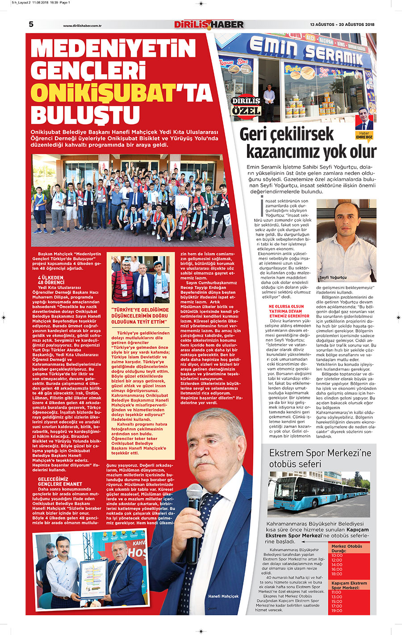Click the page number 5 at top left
(x=31, y=24)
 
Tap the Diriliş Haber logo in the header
(x=209, y=25)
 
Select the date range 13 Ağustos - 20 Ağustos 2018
(x=342, y=25)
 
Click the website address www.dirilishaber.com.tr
(x=83, y=26)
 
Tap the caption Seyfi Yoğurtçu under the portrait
(x=333, y=277)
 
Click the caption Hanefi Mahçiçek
(x=223, y=596)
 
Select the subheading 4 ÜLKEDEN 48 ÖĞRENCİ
(x=51, y=280)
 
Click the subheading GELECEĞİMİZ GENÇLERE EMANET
(x=60, y=482)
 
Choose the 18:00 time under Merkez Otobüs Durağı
(x=337, y=574)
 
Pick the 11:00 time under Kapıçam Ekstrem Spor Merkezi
(x=336, y=592)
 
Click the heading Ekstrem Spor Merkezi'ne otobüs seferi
(x=320, y=458)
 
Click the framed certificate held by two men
(x=93, y=578)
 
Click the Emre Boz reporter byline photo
(x=365, y=119)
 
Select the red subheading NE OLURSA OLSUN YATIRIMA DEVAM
(x=286, y=311)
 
